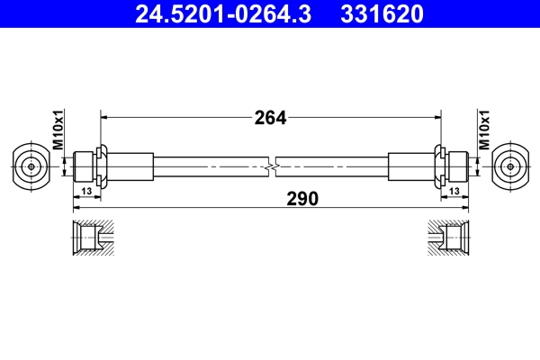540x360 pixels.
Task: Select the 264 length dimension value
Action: (x=270, y=117)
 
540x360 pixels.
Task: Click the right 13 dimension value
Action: (x=454, y=192)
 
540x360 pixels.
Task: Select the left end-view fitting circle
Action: (x=31, y=166)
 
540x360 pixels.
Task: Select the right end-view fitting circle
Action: (x=509, y=166)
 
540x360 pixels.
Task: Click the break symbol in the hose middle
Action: (x=271, y=166)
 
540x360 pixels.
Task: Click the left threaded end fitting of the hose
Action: (x=84, y=166)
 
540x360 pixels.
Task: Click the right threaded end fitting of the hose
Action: (x=456, y=166)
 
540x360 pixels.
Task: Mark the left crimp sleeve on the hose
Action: (x=130, y=166)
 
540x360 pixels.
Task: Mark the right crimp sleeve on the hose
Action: (x=410, y=166)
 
